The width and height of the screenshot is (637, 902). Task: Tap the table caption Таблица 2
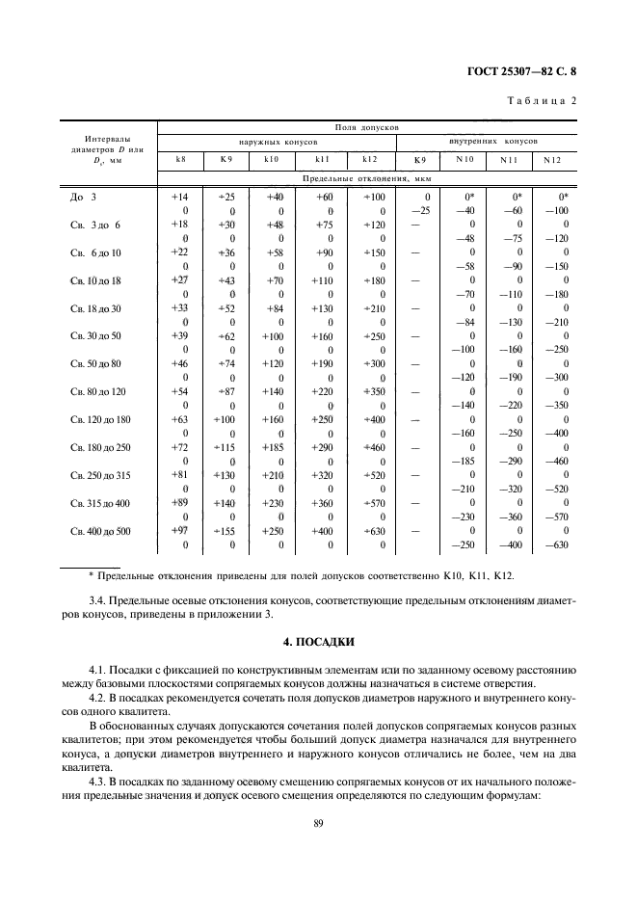pos(542,100)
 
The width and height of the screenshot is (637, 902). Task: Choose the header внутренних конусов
pos(493,141)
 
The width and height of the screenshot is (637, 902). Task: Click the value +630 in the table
pos(373,531)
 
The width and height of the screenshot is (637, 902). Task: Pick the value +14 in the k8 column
pos(180,197)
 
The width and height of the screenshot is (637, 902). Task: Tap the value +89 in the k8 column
pos(180,503)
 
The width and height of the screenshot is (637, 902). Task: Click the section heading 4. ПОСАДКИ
pos(317,641)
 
